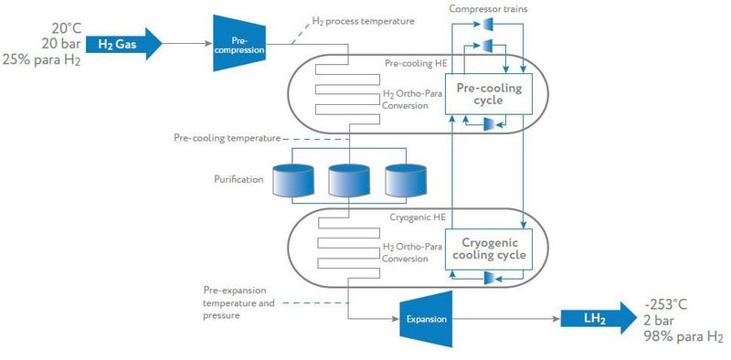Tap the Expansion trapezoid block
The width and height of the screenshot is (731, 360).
pos(427,319)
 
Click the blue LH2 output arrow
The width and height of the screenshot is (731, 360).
pos(599,318)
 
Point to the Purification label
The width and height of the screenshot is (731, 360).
pos(236,179)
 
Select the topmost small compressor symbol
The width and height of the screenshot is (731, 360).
pos(488,23)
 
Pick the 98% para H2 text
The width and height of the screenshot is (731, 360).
pos(683,338)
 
